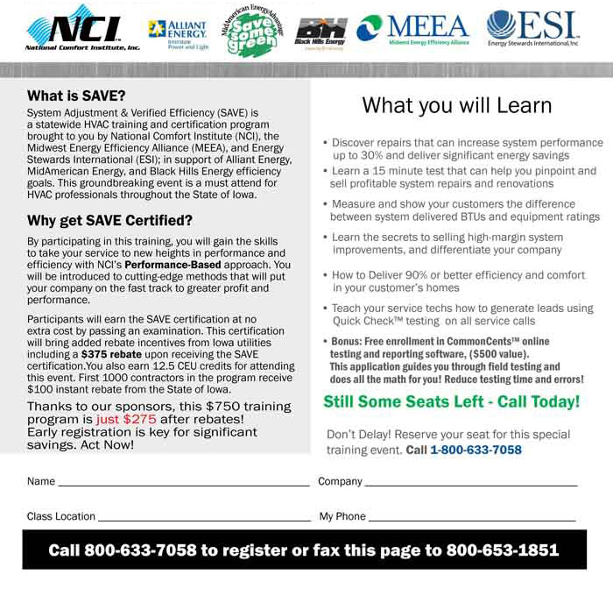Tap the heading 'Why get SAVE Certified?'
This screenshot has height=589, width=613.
[109, 220]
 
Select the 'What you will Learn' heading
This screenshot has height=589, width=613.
[456, 106]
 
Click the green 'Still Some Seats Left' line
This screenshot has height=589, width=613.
[451, 402]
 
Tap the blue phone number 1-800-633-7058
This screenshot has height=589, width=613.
[476, 450]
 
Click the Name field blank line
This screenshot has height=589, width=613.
[184, 484]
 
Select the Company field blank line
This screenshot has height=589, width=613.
[471, 484]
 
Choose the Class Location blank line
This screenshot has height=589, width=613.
[205, 519]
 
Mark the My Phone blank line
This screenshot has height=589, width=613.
[473, 519]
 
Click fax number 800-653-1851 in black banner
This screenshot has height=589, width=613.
[502, 550]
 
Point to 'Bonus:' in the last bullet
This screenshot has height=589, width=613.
[347, 341]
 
